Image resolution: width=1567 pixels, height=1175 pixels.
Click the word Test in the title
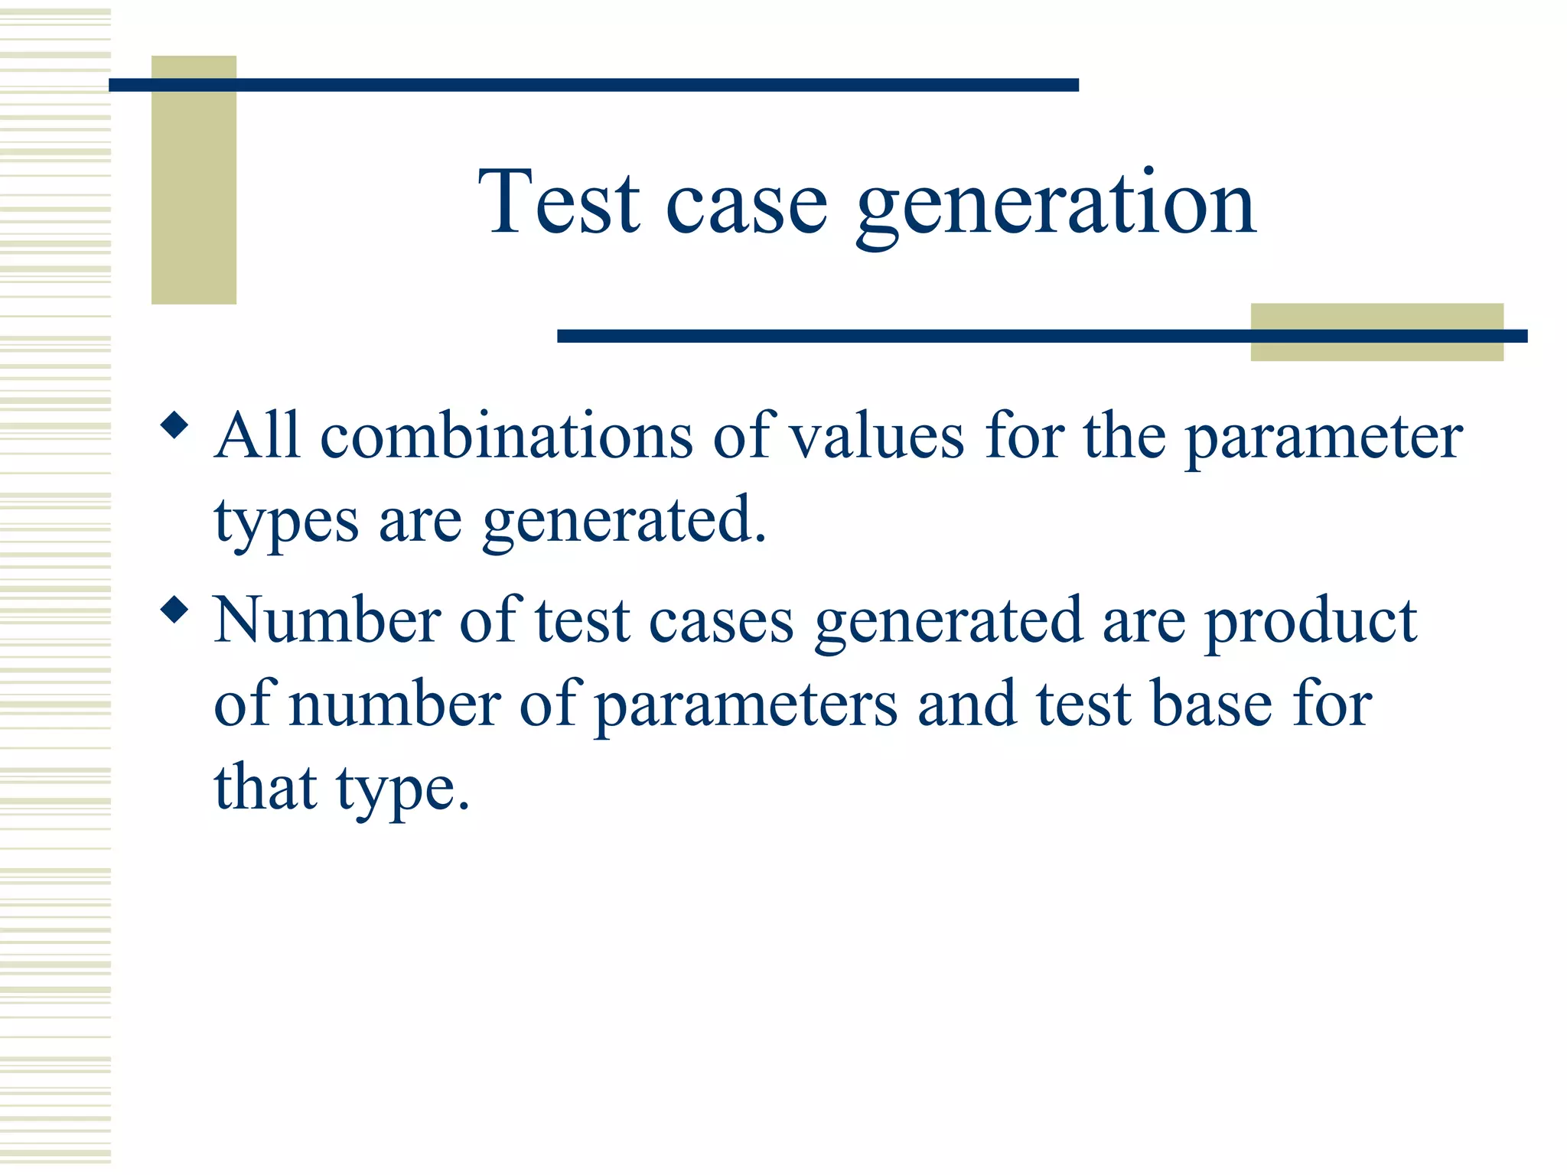coord(559,202)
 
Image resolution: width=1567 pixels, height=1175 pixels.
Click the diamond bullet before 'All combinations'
coord(175,425)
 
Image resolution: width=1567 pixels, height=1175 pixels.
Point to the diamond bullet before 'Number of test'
coord(175,610)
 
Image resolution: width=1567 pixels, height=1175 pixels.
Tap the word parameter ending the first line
coord(1324,439)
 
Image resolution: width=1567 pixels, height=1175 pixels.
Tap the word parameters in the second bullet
coord(746,707)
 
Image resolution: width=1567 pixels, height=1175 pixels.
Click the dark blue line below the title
coord(903,336)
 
